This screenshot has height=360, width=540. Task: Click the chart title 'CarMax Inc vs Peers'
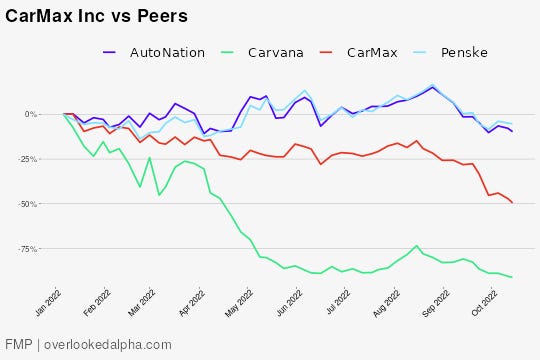(x=96, y=18)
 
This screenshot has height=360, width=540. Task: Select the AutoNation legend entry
(x=167, y=52)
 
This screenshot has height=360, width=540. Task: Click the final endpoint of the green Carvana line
(x=512, y=277)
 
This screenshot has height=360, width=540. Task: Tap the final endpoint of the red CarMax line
(x=512, y=203)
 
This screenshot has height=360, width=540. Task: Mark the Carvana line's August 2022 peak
(x=416, y=245)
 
